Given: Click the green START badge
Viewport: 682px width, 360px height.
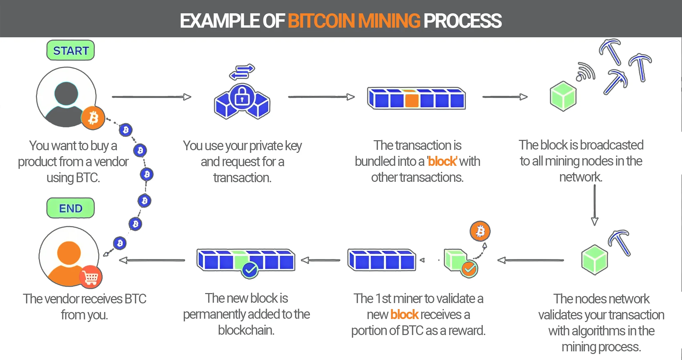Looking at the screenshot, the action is (x=71, y=50).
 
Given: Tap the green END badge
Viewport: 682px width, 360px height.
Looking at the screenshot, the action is (x=71, y=208).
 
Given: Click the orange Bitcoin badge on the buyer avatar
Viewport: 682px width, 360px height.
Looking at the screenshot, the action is (x=93, y=118).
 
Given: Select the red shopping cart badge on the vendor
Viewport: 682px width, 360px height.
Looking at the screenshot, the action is (x=91, y=277).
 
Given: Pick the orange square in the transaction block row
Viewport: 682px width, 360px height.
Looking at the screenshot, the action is (x=412, y=99).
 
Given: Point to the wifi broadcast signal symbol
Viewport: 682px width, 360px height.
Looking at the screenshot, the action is (x=586, y=72).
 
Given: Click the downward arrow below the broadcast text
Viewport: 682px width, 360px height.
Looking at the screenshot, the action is (x=595, y=205).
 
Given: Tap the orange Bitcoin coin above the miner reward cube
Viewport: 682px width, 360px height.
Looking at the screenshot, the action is (x=480, y=231).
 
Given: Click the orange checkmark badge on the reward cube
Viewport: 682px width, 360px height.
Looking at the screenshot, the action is (x=469, y=269).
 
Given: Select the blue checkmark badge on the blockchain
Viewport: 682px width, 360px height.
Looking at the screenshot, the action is (x=250, y=270).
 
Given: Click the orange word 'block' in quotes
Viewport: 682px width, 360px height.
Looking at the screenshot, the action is (x=442, y=161).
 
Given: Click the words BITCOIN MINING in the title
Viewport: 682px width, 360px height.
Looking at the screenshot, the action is (x=354, y=21).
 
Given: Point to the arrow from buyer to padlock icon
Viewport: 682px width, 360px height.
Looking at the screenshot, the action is (x=152, y=97).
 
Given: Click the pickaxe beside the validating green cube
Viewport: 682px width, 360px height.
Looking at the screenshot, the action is (x=619, y=242).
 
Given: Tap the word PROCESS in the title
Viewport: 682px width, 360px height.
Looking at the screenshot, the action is (x=463, y=21).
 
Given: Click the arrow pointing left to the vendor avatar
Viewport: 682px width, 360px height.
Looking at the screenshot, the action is (x=152, y=260).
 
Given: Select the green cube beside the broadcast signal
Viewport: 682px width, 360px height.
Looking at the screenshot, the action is (x=563, y=96).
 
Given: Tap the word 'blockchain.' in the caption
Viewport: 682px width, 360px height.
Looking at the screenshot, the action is (x=246, y=330).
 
